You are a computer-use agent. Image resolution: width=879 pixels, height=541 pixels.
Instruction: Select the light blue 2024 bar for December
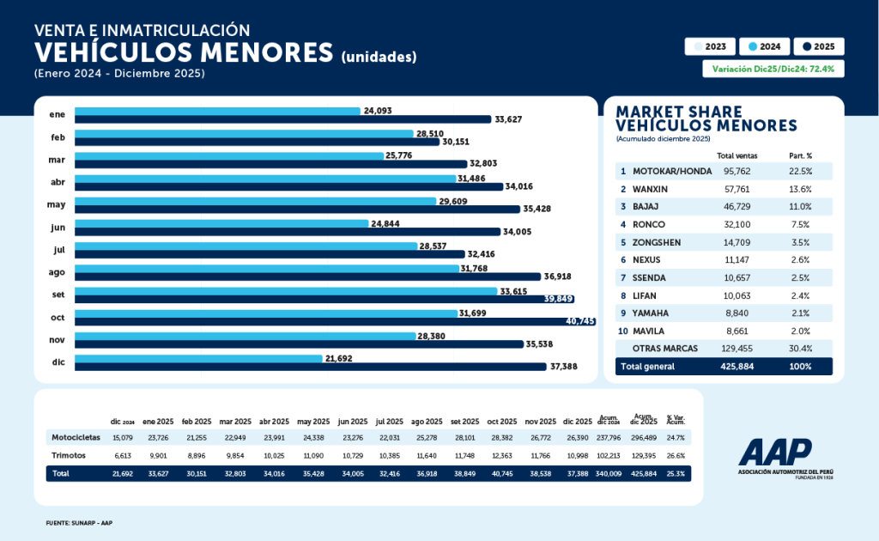[x=198, y=358]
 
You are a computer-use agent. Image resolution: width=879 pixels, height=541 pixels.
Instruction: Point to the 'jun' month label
[x=58, y=227]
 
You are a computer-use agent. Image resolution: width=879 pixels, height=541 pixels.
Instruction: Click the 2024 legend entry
[x=763, y=47]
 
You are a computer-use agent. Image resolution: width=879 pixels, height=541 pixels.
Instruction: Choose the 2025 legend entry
[x=819, y=47]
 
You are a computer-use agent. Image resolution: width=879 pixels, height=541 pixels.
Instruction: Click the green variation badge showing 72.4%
[x=773, y=69]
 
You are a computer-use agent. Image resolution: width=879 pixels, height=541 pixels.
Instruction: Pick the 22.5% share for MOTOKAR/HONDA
[x=800, y=171]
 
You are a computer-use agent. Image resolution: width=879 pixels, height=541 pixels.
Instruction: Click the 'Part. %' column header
[x=800, y=155]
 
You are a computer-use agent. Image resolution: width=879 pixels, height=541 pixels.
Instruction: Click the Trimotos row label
[x=70, y=455]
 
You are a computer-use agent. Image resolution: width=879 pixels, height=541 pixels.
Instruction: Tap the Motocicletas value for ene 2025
[x=158, y=438]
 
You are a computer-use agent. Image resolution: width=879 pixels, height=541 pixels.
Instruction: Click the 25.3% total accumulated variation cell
[x=676, y=473]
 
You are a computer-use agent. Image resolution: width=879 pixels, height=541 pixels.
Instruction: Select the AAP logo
[x=774, y=453]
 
